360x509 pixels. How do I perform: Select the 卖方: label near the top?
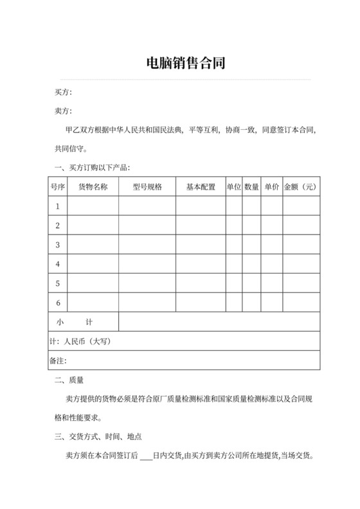click(64, 112)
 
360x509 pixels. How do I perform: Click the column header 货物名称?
click(93, 187)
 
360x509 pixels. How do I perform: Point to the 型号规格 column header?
click(147, 187)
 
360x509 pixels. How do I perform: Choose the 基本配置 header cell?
click(201, 187)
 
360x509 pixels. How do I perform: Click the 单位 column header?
click(233, 187)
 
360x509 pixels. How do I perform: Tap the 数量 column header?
click(252, 187)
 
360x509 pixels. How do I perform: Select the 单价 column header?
click(271, 187)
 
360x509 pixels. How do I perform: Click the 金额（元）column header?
click(301, 187)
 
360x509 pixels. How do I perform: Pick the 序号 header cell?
click(58, 187)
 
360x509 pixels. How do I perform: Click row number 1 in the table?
click(58, 206)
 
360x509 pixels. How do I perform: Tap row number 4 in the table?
click(58, 264)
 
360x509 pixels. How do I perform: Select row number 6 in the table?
click(58, 303)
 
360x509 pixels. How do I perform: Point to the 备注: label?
click(58, 361)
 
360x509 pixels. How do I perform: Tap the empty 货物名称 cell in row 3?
click(93, 245)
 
